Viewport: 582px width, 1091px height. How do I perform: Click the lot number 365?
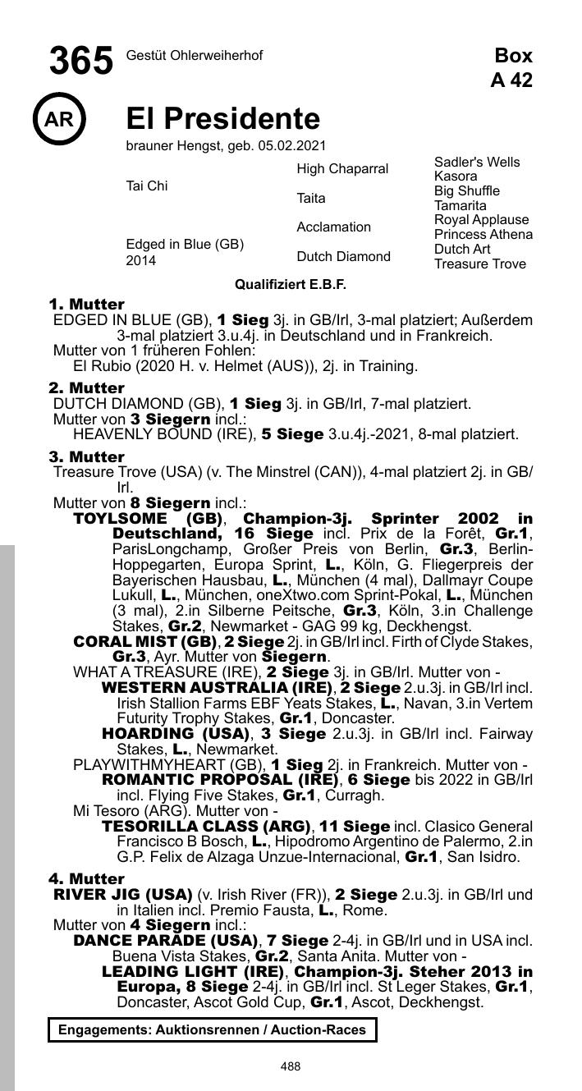click(81, 62)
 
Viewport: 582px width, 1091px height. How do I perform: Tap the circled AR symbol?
click(59, 120)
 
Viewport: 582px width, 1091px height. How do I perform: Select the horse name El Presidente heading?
click(222, 119)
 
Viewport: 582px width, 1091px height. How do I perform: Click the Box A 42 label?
click(512, 67)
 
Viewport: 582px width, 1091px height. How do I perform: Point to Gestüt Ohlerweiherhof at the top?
click(195, 55)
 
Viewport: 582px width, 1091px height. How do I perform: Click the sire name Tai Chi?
click(146, 186)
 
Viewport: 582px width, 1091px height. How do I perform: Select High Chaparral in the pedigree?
click(342, 169)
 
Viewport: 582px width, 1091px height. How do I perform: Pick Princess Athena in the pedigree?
click(483, 235)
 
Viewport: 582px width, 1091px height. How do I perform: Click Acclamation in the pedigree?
click(333, 227)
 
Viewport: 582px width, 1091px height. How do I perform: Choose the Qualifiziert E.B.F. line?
click(291, 285)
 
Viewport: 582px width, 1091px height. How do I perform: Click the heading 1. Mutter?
click(86, 305)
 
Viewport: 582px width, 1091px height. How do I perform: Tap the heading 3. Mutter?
click(86, 456)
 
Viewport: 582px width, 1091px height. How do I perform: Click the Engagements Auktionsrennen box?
click(212, 1029)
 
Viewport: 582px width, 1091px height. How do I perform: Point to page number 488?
click(291, 1066)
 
